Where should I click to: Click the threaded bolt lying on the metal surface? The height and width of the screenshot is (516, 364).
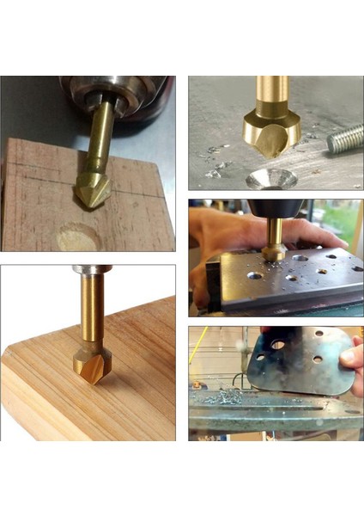coord(345,138)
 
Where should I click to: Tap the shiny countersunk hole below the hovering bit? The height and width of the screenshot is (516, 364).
coord(271,179)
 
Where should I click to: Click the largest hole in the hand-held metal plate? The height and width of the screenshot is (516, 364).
coord(277,344)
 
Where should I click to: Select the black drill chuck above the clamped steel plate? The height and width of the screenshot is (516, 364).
coord(276,208)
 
